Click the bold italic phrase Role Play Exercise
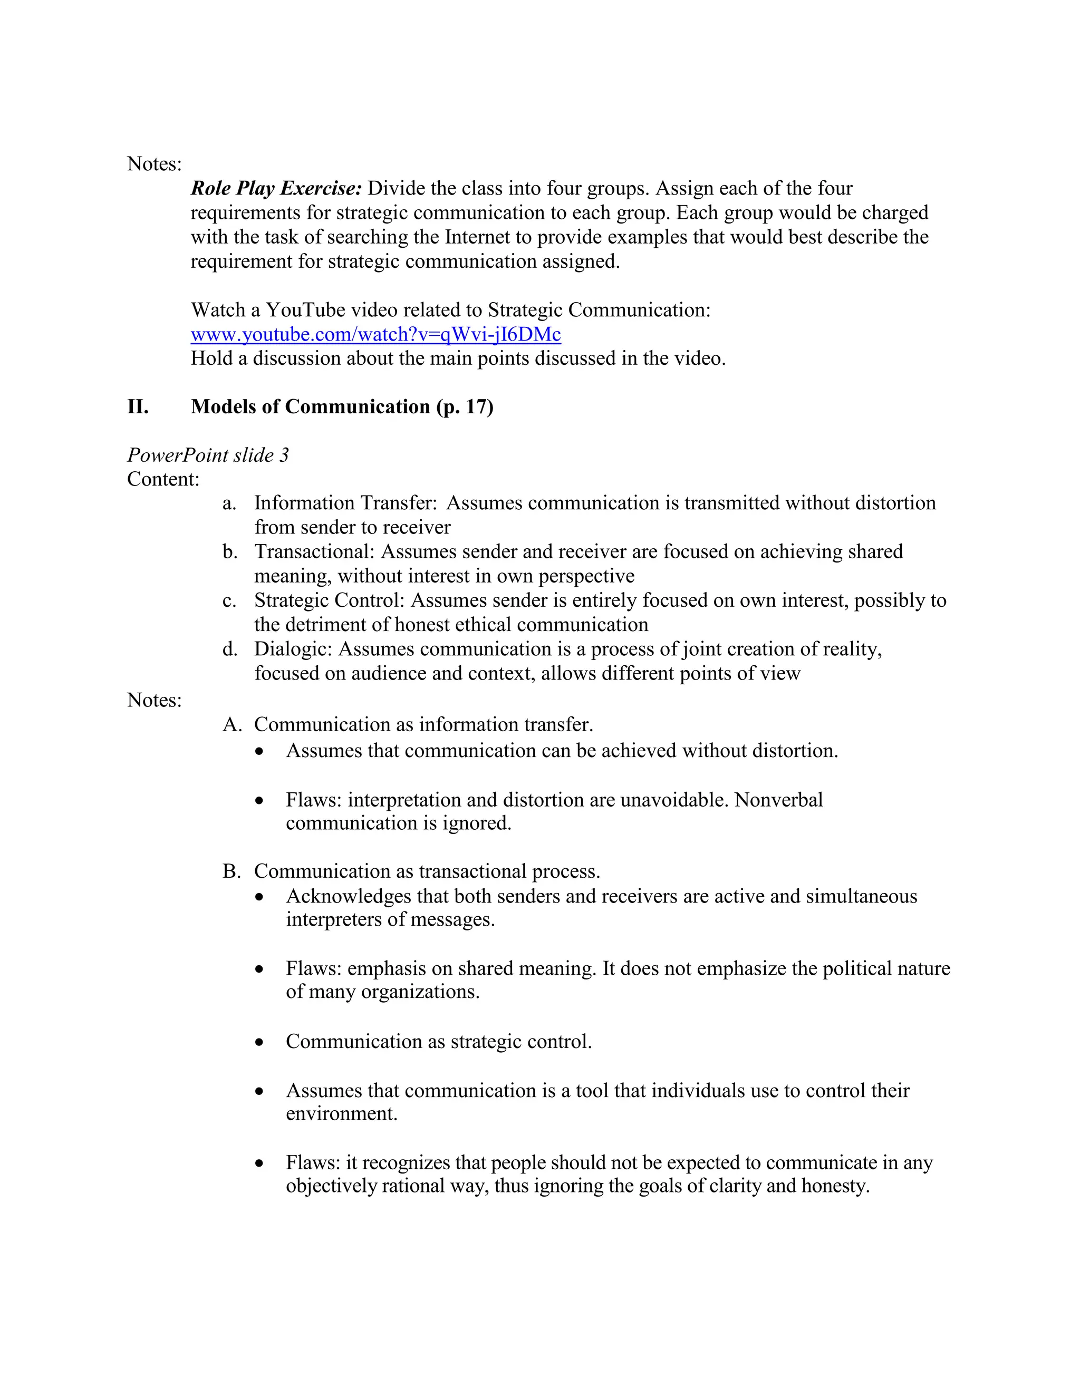coord(276,189)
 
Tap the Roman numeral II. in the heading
coord(138,407)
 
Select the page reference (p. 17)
coord(465,407)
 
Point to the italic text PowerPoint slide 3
coord(208,455)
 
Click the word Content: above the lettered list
coord(163,479)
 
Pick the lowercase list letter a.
coord(229,503)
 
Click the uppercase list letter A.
coord(232,725)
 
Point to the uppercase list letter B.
coord(231,871)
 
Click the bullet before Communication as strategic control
coord(259,1043)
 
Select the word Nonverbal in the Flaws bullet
coord(779,800)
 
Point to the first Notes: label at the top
coord(154,164)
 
